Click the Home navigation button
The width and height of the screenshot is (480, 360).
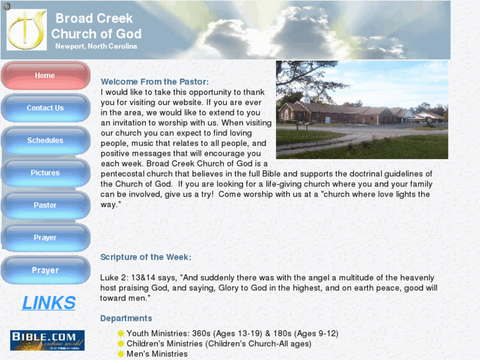tap(45, 75)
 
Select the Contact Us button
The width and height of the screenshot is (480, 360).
tap(45, 108)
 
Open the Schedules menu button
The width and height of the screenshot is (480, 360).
tap(45, 140)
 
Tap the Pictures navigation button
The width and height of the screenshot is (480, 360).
tap(45, 172)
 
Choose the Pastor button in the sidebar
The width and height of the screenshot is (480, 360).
tap(45, 205)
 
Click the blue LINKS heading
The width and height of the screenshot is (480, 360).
tap(49, 303)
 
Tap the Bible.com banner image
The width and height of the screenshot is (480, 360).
tap(47, 340)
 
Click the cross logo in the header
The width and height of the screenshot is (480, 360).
tap(26, 30)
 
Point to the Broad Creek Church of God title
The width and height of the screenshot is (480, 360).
tap(96, 26)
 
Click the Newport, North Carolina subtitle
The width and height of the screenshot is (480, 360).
tap(96, 46)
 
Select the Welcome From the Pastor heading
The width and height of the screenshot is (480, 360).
tap(154, 82)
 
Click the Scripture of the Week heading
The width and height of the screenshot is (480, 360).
tap(146, 257)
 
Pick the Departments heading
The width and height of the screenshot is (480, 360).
tap(126, 318)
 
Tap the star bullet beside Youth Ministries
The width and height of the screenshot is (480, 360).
tap(121, 334)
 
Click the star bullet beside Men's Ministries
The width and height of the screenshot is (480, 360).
tap(121, 354)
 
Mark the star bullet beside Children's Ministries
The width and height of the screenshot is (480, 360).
tap(121, 343)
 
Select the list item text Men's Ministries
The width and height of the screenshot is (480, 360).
tap(157, 354)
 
